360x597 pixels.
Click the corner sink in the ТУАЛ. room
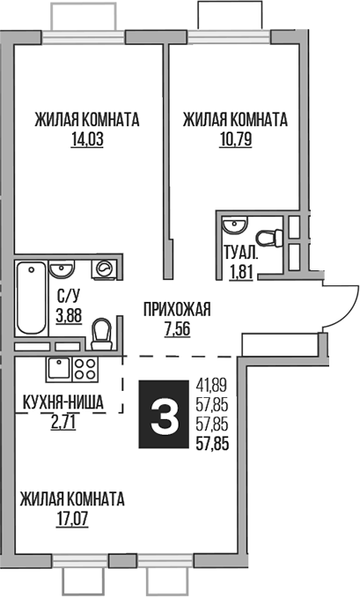231,225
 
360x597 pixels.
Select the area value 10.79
235,139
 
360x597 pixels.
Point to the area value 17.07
71,519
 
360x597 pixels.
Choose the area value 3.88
70,313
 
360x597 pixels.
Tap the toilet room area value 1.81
239,271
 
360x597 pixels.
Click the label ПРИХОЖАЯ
177,309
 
